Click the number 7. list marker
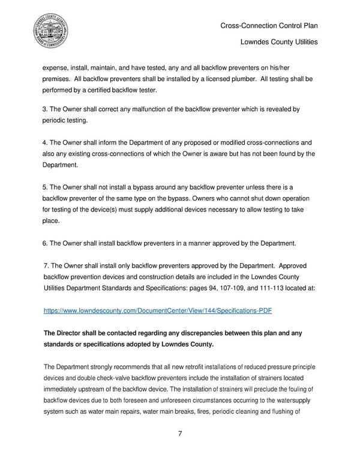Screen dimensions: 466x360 48,265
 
